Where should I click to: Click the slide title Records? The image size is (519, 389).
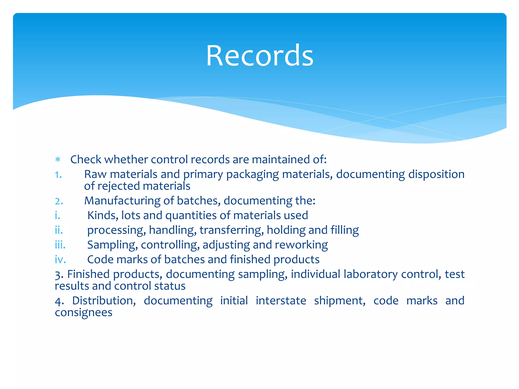click(259, 56)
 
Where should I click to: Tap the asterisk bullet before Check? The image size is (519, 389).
click(58, 160)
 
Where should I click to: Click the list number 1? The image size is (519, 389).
click(58, 175)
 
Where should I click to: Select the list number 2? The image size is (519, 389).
click(59, 201)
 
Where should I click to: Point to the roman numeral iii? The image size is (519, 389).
click(60, 245)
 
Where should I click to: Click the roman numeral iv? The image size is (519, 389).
click(60, 260)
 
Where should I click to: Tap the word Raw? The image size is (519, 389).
click(95, 174)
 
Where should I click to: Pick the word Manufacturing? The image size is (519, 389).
click(122, 201)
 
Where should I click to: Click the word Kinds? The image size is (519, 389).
click(103, 216)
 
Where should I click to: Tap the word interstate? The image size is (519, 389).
click(281, 301)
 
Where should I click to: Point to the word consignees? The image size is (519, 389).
click(84, 313)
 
